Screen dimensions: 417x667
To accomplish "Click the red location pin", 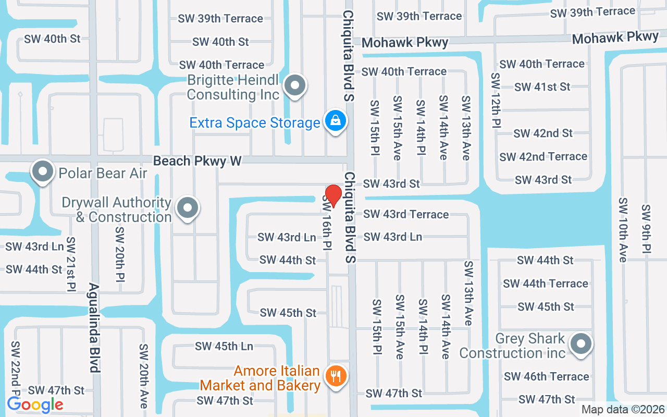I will point(333,195).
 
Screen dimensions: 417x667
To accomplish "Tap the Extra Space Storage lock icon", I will point(336,121).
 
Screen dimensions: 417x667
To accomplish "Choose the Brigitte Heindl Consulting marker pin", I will point(296,85).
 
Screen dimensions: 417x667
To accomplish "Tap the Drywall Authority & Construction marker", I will point(188,208).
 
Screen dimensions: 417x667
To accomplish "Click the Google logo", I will point(35,404).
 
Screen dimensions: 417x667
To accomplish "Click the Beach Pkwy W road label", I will point(197,161).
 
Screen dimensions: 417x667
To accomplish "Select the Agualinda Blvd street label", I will point(94,327).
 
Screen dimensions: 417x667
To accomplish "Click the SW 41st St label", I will point(542,87).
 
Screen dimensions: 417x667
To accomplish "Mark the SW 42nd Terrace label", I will point(543,156).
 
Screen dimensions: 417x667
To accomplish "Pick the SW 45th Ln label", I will point(224,346).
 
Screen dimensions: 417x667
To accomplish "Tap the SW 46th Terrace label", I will point(546,376).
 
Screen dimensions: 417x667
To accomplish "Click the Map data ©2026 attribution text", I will point(623,410).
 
